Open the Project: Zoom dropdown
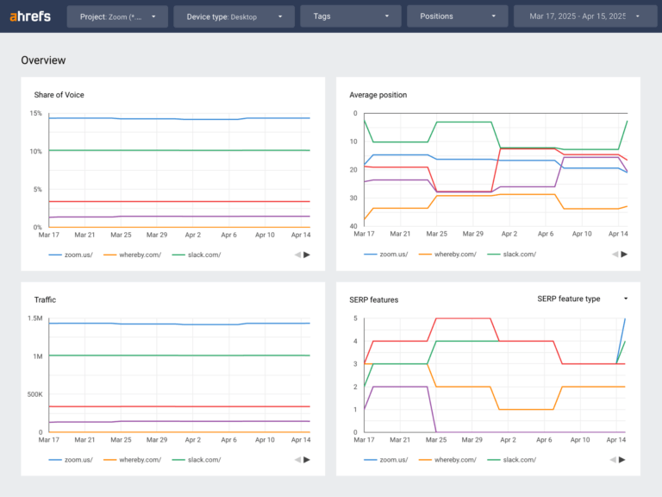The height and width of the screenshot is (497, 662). pos(117,16)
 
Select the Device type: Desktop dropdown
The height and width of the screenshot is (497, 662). pos(234,16)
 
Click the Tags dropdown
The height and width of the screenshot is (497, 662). pos(350,16)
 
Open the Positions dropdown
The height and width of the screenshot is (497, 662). pos(457,16)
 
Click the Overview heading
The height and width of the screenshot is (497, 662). pos(43,60)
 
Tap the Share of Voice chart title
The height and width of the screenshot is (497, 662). pos(59,95)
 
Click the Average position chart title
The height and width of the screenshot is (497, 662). pos(378,95)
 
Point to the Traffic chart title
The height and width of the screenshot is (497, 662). pos(45,299)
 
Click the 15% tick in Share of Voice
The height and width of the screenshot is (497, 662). pos(35,113)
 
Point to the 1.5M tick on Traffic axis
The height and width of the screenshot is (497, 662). pos(34,318)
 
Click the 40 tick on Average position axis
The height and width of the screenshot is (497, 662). pos(353,226)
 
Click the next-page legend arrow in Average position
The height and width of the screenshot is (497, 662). pos(623,255)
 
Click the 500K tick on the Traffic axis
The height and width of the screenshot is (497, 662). pos(34,394)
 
